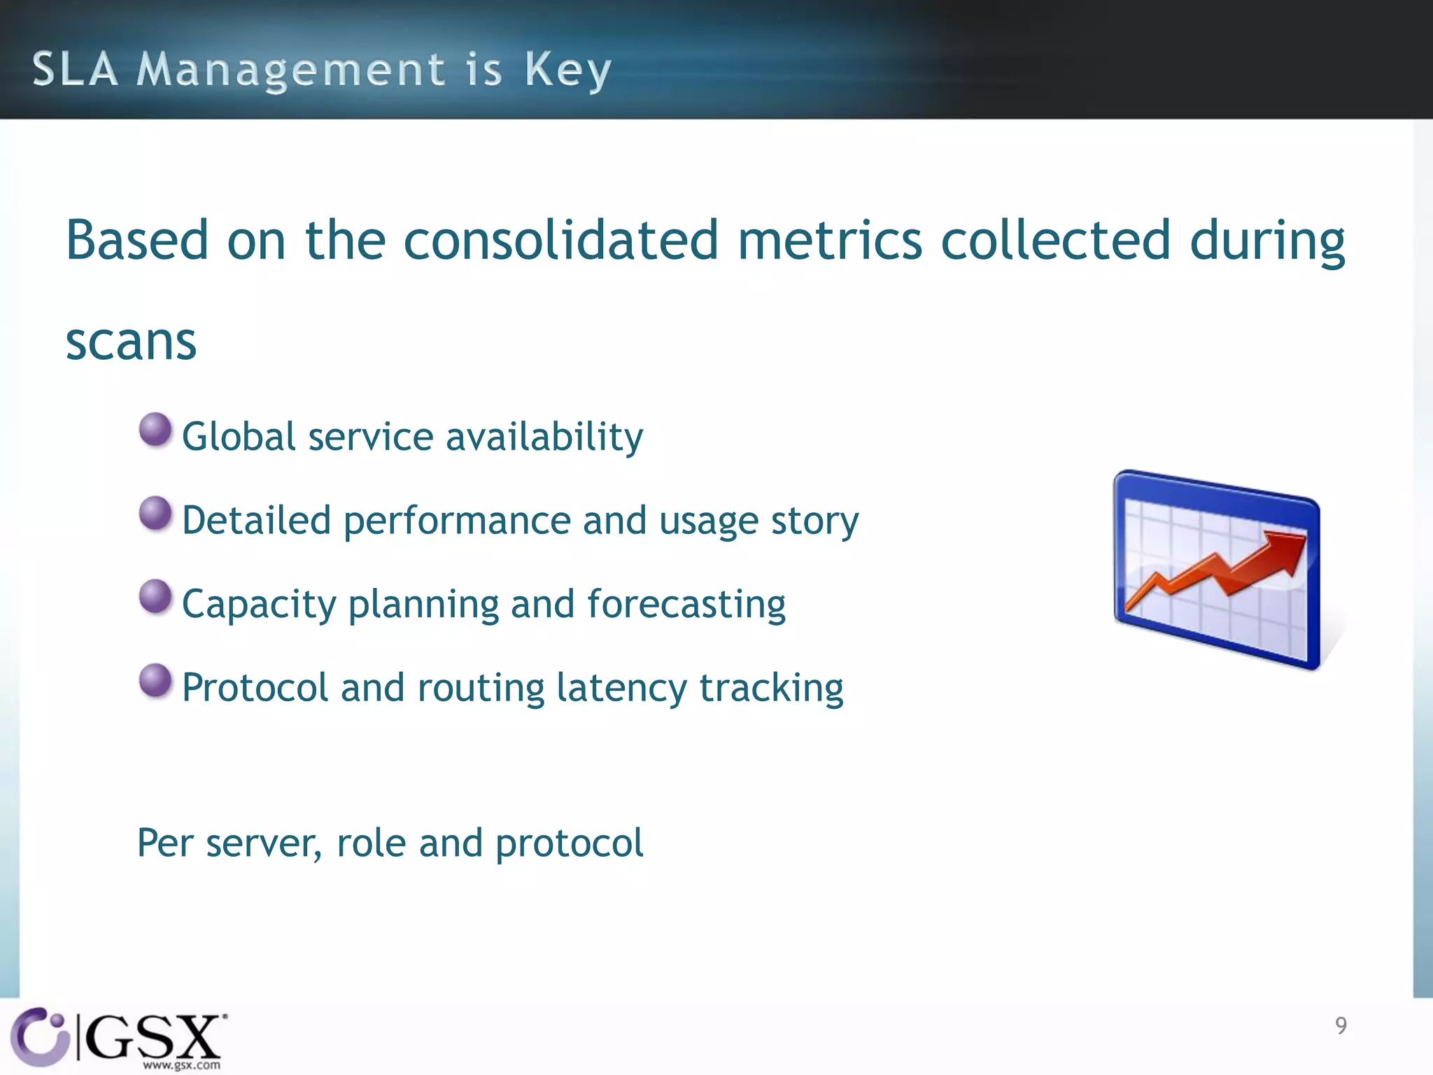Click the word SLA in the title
coord(75,69)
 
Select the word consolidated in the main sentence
coord(560,240)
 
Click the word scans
coord(131,342)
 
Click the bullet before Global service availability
coord(155,430)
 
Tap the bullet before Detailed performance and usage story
coord(155,514)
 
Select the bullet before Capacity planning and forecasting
coord(155,596)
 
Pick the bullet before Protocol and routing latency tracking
coord(155,680)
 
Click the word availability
coord(544,437)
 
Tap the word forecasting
coord(686,604)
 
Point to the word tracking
coord(771,688)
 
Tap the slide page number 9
coord(1341,1025)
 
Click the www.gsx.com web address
coord(181,1065)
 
